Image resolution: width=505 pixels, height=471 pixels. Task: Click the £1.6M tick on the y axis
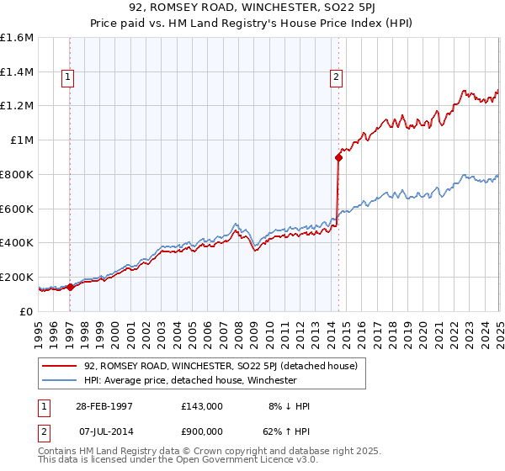pos(17,38)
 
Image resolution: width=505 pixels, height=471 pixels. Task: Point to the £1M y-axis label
pos(22,140)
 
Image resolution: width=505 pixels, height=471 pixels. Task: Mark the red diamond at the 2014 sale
pos(338,156)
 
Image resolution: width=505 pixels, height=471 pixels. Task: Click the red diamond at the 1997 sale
pos(71,287)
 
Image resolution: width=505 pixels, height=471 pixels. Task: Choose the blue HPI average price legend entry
pos(190,380)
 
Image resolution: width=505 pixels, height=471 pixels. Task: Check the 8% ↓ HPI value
pos(289,406)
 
